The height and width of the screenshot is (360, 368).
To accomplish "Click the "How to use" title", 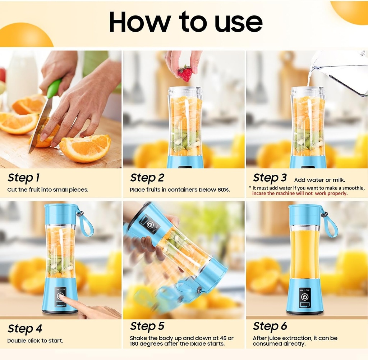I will pyautogui.click(x=185, y=22).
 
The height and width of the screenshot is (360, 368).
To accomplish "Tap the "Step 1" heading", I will pyautogui.click(x=23, y=178).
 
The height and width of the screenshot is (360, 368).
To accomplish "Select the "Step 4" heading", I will pyautogui.click(x=25, y=329).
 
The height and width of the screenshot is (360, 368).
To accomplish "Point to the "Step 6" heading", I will pyautogui.click(x=270, y=326).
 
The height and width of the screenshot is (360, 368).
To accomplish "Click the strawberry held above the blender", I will pyautogui.click(x=185, y=73).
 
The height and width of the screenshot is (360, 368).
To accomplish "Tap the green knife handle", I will pyautogui.click(x=54, y=88).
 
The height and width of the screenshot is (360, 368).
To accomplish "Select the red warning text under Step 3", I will pyautogui.click(x=300, y=193).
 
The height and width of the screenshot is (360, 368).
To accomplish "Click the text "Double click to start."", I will pyautogui.click(x=35, y=341).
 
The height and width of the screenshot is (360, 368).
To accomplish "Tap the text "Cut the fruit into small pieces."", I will pyautogui.click(x=47, y=190).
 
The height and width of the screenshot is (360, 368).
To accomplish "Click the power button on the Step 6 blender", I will pyautogui.click(x=305, y=297).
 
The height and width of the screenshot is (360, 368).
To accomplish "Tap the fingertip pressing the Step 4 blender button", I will pyautogui.click(x=61, y=297).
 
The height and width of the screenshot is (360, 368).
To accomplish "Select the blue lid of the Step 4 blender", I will pyautogui.click(x=60, y=214).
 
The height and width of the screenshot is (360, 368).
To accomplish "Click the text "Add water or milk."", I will pyautogui.click(x=319, y=180).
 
